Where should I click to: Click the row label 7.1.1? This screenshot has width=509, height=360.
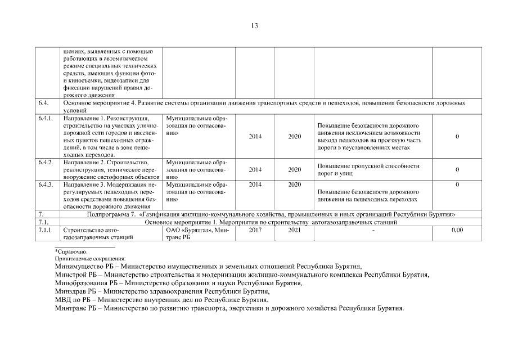tap(45, 229)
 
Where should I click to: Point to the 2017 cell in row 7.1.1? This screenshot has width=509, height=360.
tap(255, 229)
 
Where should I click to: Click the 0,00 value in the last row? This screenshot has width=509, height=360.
tap(457, 229)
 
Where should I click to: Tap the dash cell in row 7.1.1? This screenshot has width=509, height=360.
tap(373, 230)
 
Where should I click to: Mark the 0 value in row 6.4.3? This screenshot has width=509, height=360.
tap(457, 184)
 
